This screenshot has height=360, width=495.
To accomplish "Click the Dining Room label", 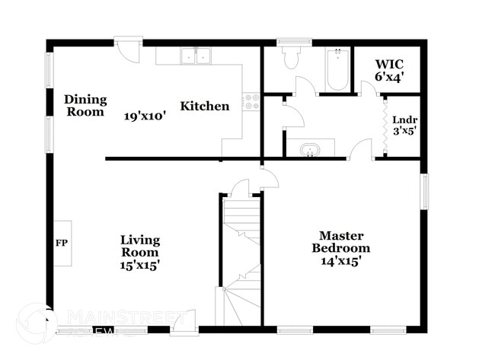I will pos(85,106).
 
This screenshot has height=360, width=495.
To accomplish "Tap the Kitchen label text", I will pos(204,107).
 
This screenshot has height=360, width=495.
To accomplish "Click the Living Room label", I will pos(140,247).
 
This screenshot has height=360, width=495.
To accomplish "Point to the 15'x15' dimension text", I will pos(140,265).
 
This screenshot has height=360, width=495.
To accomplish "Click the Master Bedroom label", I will pos(340,242).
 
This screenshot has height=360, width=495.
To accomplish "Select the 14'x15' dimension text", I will pos(340,260).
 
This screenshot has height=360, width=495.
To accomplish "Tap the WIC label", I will pos(388,64).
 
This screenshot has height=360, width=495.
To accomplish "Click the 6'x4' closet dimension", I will pos(388,76).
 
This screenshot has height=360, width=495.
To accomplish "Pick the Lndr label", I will pos(404,119).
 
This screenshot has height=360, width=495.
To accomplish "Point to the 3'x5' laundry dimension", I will pos(404,130).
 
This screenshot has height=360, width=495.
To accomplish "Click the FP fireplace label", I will pos(62,244).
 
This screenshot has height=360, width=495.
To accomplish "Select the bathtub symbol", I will pos(337,70).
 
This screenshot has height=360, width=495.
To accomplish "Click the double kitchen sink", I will pos(196,56).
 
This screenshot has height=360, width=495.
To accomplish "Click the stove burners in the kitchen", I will pos(251,101).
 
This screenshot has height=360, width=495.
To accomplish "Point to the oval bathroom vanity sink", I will pos(310,149).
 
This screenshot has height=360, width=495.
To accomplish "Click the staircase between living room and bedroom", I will pos(241,251).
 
